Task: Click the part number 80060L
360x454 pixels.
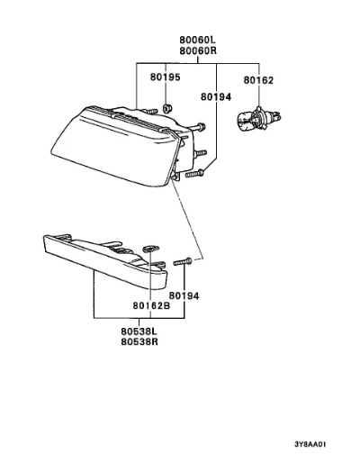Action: click(x=198, y=40)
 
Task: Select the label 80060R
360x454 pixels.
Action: click(x=198, y=50)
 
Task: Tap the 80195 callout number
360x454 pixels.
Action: click(x=166, y=77)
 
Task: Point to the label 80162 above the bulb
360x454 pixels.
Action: click(x=258, y=80)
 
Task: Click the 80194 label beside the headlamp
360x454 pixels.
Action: click(x=216, y=96)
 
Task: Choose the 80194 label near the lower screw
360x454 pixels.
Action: click(x=184, y=295)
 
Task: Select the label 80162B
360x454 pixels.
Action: click(x=151, y=305)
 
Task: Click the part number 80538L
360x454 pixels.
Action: click(x=139, y=331)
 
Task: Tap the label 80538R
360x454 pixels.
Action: click(x=139, y=341)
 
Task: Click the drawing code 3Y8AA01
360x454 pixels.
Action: click(x=310, y=444)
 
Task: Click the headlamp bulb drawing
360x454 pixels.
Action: click(x=259, y=118)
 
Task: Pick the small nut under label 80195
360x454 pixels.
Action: click(x=166, y=108)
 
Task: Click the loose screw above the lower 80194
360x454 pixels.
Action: click(x=183, y=262)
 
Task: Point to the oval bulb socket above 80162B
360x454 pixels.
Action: click(x=151, y=249)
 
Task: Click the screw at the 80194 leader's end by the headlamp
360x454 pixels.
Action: click(x=194, y=173)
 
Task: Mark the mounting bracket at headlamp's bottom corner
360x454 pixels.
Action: click(x=175, y=177)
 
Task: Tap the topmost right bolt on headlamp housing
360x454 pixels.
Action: click(x=199, y=127)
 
